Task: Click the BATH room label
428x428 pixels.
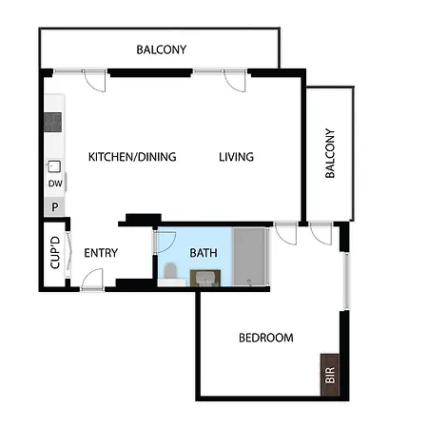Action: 204,253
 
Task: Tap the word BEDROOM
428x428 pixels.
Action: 266,338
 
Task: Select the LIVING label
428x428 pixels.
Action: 236,157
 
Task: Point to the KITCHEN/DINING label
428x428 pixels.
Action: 132,157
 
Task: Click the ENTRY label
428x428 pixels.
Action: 101,253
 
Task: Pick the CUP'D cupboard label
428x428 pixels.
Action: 55,253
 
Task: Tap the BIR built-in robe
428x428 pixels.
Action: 330,375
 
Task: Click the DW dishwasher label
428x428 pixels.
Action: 55,184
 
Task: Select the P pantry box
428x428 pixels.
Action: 54,206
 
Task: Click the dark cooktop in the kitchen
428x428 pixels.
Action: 52,122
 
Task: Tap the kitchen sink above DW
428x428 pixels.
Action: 54,166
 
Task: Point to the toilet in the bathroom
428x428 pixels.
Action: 170,272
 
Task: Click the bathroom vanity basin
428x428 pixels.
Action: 205,278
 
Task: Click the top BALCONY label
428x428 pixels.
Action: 162,49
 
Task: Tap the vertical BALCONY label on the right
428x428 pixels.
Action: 330,153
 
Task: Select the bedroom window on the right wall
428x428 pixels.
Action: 346,282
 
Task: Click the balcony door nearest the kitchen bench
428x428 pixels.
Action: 94,80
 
